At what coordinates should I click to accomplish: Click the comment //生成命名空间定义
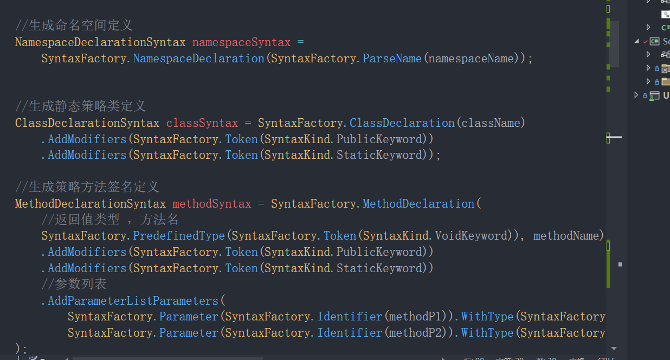pyautogui.click(x=74, y=25)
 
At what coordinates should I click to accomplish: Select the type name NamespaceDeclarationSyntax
pyautogui.click(x=100, y=42)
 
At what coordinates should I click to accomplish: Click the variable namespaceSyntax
pyautogui.click(x=241, y=42)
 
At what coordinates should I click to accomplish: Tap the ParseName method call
pyautogui.click(x=392, y=59)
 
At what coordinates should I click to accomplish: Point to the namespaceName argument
pyautogui.click(x=471, y=59)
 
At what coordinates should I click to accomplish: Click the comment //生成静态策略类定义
pyautogui.click(x=80, y=106)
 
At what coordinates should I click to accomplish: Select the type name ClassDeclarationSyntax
pyautogui.click(x=87, y=123)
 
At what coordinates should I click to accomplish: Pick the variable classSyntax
pyautogui.click(x=202, y=123)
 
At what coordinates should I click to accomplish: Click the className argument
pyautogui.click(x=490, y=123)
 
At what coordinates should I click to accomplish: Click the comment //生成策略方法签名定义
pyautogui.click(x=87, y=187)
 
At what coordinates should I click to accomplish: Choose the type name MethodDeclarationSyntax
pyautogui.click(x=91, y=204)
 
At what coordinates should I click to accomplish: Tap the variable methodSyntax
pyautogui.click(x=211, y=204)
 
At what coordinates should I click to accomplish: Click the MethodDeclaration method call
pyautogui.click(x=418, y=204)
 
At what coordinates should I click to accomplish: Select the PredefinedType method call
pyautogui.click(x=178, y=236)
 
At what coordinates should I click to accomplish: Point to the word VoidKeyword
pyautogui.click(x=468, y=236)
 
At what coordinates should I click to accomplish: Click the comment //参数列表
pyautogui.click(x=74, y=284)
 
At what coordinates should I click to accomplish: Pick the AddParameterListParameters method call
pyautogui.click(x=133, y=300)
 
